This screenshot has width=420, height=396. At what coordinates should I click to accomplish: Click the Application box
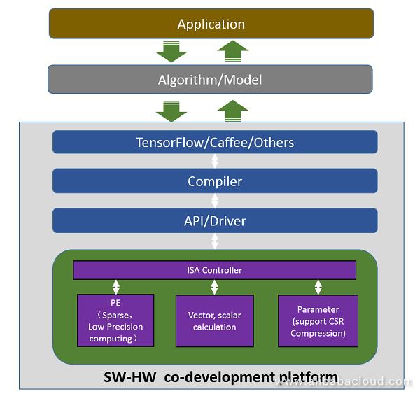click(211, 24)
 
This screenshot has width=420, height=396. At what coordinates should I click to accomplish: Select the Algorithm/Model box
click(210, 79)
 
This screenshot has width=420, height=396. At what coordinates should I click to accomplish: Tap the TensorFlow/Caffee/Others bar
click(215, 142)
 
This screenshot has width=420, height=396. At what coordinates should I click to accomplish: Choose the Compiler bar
click(215, 181)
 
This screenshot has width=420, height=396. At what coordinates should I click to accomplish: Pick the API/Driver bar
click(215, 220)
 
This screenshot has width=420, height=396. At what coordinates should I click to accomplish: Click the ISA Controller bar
click(214, 269)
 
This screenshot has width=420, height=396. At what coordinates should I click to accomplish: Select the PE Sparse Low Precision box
click(115, 320)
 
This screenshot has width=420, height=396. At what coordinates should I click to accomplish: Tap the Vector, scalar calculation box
click(214, 320)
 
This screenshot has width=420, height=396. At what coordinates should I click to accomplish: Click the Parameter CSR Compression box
click(318, 320)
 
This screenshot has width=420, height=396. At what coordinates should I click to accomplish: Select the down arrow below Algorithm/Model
click(171, 110)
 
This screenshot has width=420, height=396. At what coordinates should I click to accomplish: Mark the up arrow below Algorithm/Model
click(232, 110)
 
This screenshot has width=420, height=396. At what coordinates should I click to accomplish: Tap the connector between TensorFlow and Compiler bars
click(215, 161)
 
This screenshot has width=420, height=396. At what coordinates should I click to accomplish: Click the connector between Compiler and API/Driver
click(215, 201)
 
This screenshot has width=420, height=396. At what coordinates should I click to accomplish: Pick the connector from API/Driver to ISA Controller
click(215, 241)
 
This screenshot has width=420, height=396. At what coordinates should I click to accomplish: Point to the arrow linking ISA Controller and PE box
click(116, 287)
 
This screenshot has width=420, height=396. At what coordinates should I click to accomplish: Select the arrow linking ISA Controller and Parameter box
click(318, 287)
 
